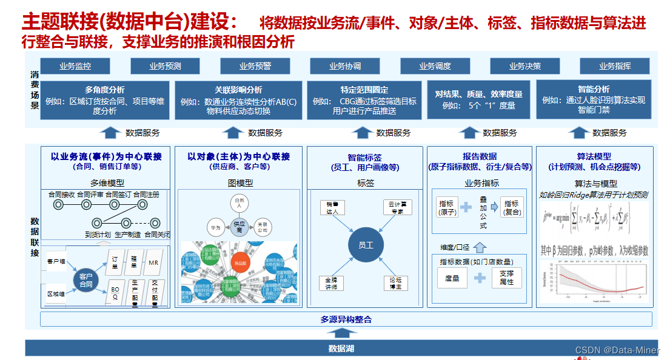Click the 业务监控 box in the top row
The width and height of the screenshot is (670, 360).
pos(75,66)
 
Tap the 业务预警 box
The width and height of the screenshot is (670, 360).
pos(255,66)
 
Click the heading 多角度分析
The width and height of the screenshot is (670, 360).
pos(105,90)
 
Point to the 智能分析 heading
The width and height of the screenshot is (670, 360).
pos(594,89)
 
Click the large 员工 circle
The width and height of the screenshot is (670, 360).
pos(366,245)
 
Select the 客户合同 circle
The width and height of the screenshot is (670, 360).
pos(86,280)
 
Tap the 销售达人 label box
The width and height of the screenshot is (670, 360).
pos(332,207)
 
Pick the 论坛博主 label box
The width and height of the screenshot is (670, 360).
pos(396,283)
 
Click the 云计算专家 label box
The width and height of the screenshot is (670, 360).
pos(397,208)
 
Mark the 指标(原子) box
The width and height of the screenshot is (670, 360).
pos(447,208)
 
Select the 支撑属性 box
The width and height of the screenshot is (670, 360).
pos(506,278)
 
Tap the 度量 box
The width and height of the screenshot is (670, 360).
pos(452,278)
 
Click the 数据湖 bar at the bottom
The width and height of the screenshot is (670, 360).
pos(341,348)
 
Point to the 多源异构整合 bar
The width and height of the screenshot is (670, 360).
pos(346,319)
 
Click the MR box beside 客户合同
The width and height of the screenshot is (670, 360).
pos(153,262)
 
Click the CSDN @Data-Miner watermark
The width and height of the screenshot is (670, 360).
pos(617,350)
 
